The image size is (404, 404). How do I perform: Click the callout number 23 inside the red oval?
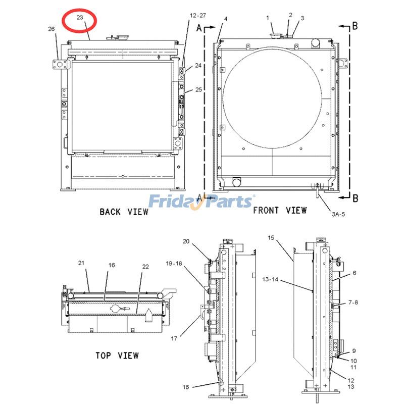click(x=80, y=17)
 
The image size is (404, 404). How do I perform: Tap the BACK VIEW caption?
click(x=124, y=212)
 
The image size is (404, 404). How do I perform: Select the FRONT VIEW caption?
click(x=280, y=210)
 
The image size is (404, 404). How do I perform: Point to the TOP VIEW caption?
click(x=117, y=356)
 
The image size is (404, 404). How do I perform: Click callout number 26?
click(x=52, y=29)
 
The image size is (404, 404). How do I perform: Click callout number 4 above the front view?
click(x=226, y=19)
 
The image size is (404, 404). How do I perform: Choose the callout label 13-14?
click(x=271, y=279)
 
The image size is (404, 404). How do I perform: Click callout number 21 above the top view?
click(x=81, y=263)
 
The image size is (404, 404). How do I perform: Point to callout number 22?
click(x=145, y=266)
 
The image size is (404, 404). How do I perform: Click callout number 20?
click(x=186, y=241)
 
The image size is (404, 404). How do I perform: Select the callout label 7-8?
click(x=353, y=302)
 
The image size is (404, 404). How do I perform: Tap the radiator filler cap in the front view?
click(x=276, y=33)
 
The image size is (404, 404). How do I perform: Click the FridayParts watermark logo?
click(x=201, y=201)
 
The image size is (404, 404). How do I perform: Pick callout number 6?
click(x=355, y=273)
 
